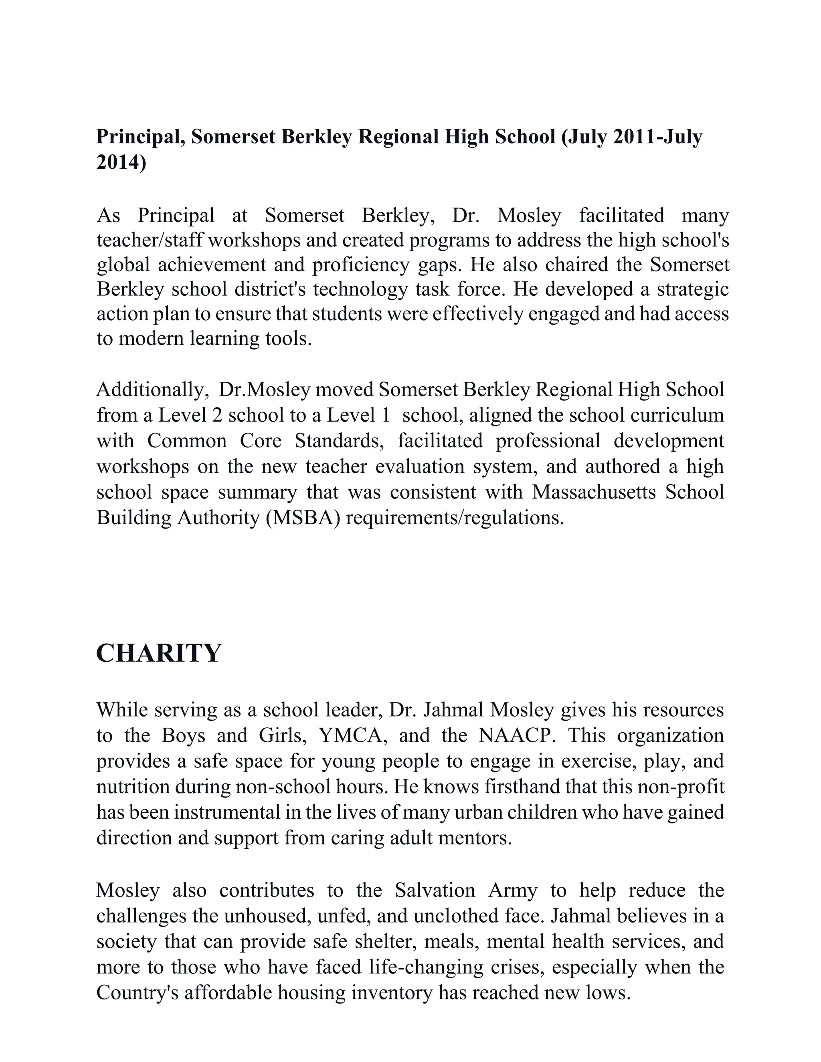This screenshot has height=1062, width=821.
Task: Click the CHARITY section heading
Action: pos(159,653)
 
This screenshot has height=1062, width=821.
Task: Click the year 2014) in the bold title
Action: pos(121,162)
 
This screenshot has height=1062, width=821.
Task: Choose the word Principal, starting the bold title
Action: pos(140,137)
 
